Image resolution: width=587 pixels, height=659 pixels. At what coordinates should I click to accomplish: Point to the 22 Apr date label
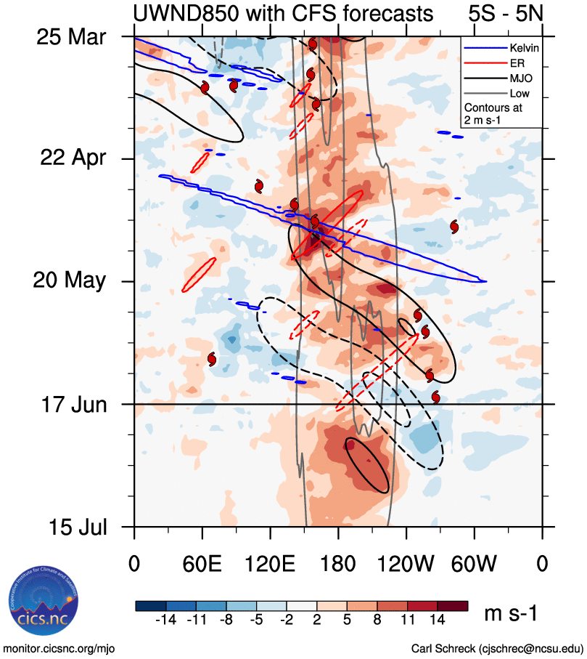pyautogui.click(x=71, y=158)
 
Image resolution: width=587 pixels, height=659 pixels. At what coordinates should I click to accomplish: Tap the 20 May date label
pyautogui.click(x=70, y=280)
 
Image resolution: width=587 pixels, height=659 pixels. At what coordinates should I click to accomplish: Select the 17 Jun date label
pyautogui.click(x=70, y=403)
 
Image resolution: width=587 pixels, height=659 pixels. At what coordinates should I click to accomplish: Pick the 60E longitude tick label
pyautogui.click(x=202, y=563)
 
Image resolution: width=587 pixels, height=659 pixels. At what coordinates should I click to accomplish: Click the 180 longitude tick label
pyautogui.click(x=338, y=563)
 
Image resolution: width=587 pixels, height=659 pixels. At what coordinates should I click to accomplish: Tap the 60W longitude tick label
pyautogui.click(x=474, y=563)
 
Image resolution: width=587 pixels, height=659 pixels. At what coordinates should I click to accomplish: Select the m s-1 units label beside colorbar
pyautogui.click(x=511, y=614)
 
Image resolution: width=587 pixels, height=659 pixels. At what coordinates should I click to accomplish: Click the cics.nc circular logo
pyautogui.click(x=38, y=602)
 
